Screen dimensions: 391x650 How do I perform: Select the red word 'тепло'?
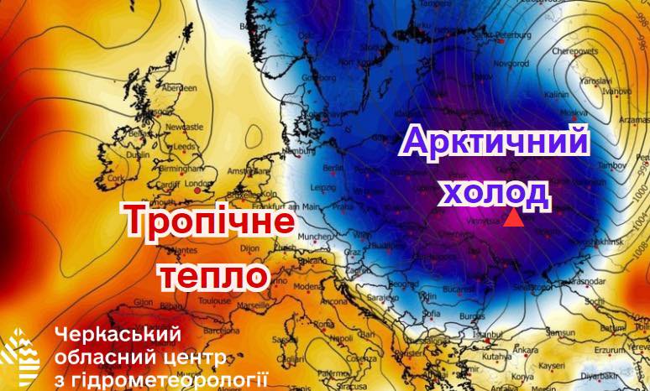click(213, 276)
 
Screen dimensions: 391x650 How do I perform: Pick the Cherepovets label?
click(564, 27)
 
